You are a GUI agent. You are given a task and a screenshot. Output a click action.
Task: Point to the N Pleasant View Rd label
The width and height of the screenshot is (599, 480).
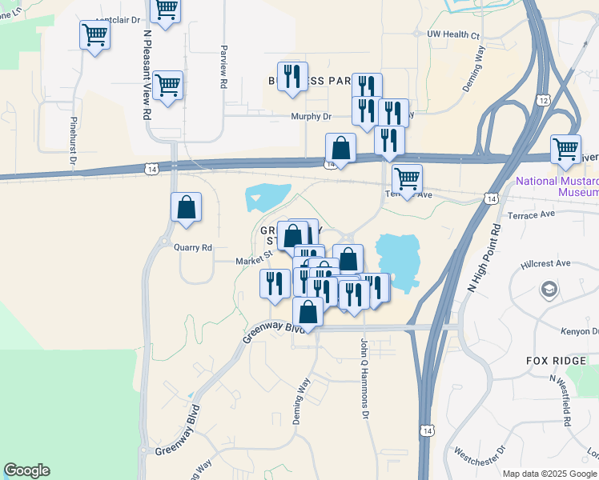(147, 75)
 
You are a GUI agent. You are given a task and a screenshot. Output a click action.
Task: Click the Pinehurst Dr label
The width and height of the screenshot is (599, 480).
(73, 142)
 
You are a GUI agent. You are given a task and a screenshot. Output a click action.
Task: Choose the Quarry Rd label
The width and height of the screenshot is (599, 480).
(193, 248)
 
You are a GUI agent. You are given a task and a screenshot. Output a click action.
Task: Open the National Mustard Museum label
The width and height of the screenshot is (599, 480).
(557, 186)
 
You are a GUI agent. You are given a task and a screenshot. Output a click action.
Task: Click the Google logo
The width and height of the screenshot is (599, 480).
(26, 470)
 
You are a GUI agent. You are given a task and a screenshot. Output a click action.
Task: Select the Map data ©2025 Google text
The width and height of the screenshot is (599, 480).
(549, 474)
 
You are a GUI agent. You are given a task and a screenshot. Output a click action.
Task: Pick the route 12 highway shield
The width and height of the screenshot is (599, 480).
(544, 100)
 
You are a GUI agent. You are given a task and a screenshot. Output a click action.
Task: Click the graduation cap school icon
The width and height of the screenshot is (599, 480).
(549, 288)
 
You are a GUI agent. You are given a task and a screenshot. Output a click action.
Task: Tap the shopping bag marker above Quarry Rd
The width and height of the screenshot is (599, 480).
(186, 208)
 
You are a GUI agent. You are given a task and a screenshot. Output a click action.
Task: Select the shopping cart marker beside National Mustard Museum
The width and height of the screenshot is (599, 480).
(565, 149)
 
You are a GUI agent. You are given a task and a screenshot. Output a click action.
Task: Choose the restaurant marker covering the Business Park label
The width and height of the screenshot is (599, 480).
(291, 77)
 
